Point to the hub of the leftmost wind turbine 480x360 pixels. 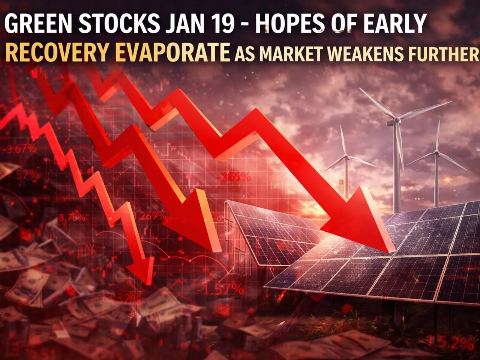346,157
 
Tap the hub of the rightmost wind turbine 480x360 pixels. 436,153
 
